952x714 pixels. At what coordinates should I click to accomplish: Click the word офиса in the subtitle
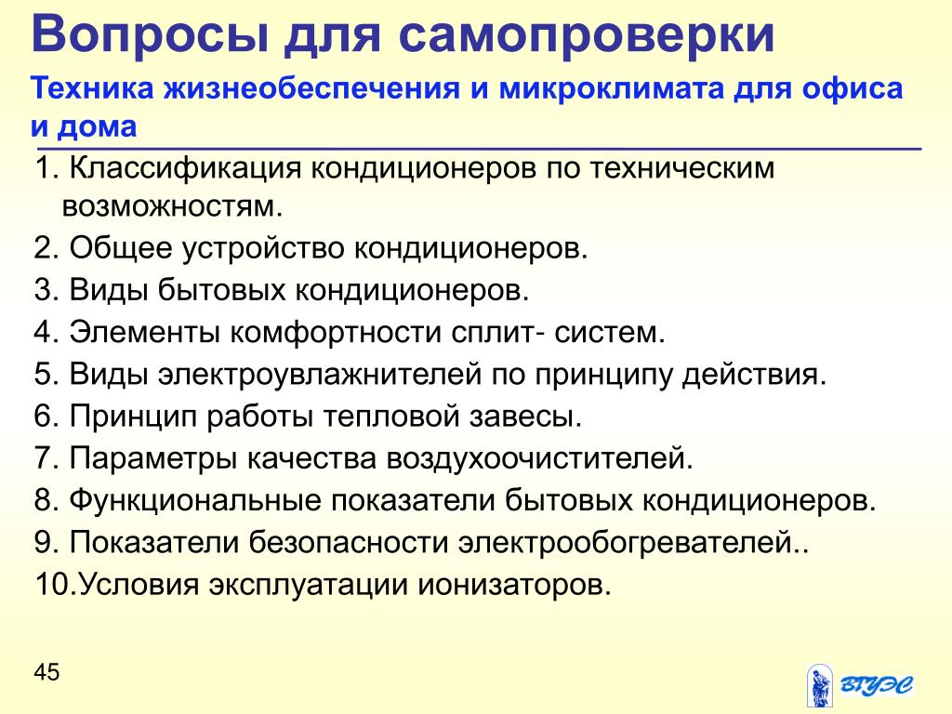coord(853,87)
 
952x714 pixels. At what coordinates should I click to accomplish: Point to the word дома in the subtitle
coord(97,126)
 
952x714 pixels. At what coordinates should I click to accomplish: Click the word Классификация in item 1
coord(185,167)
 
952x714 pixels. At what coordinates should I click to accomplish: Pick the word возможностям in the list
coord(172,207)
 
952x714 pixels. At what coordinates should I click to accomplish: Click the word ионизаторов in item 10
coord(513,585)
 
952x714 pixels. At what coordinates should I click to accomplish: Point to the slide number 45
coord(46,672)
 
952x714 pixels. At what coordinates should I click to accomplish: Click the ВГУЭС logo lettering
coord(876,685)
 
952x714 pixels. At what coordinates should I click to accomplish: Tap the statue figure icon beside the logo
coord(820,685)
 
